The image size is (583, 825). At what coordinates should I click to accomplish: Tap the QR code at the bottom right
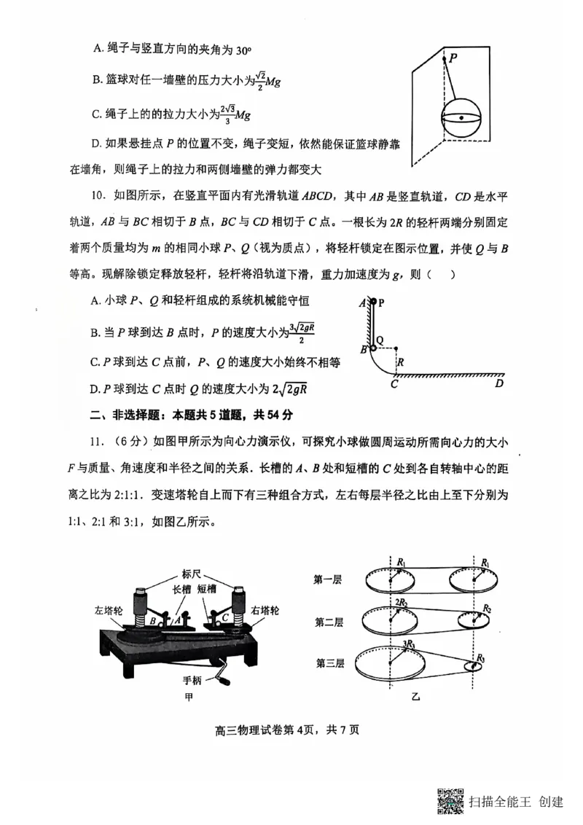(451, 800)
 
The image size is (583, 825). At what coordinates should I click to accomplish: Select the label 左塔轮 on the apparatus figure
(107, 610)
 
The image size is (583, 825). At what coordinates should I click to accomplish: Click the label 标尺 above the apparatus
(192, 572)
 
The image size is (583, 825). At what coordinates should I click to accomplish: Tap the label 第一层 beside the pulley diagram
(328, 580)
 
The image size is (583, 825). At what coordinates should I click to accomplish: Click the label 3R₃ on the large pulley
(409, 644)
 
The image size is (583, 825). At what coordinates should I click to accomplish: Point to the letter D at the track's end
(498, 383)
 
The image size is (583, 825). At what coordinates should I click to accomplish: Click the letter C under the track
(394, 384)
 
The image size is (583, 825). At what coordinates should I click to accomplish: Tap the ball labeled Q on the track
(373, 348)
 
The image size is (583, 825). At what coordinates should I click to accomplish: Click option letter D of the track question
(95, 388)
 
